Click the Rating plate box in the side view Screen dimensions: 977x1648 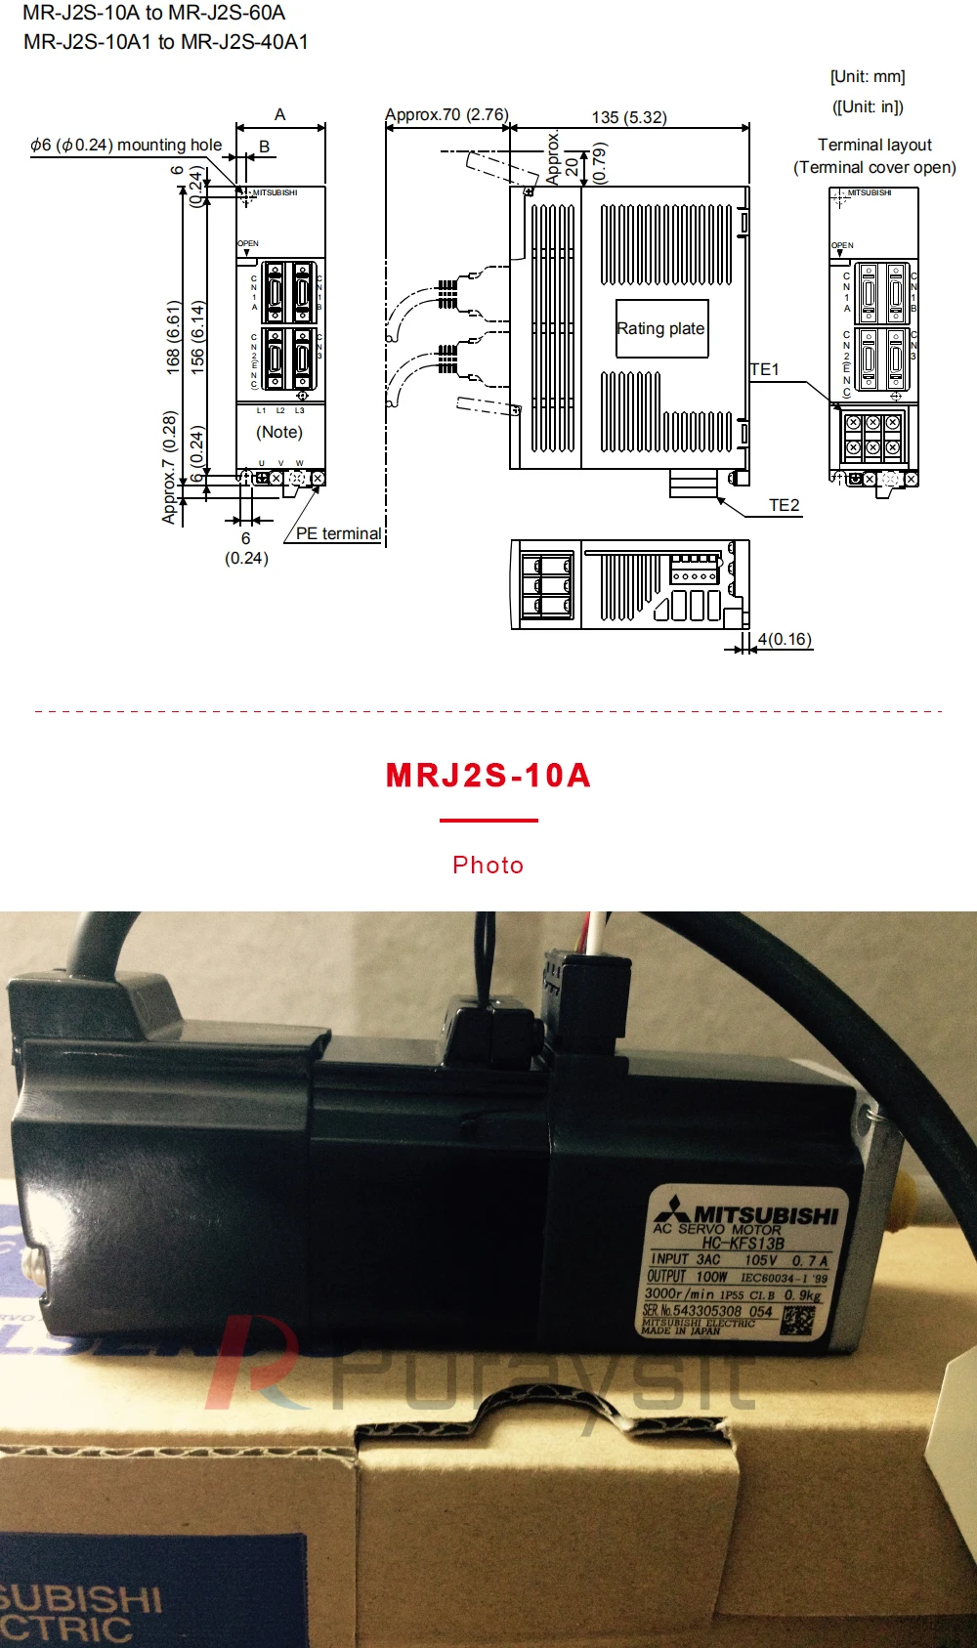tap(661, 329)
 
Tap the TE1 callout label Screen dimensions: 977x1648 tap(765, 369)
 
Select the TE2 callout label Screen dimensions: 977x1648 tap(784, 505)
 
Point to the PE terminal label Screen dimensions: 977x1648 tap(338, 533)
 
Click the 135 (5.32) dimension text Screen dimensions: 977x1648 tap(629, 117)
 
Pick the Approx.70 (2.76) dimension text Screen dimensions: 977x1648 tap(446, 114)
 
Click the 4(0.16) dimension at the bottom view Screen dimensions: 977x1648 tap(785, 639)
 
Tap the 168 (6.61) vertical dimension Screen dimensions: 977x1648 tap(173, 337)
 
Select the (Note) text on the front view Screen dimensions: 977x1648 tap(279, 432)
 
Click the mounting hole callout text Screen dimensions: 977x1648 tap(126, 145)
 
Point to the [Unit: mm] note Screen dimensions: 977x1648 tap(868, 76)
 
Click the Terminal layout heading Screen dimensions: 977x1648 tap(874, 145)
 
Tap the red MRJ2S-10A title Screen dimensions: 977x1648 tap(488, 776)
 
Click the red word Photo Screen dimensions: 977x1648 tap(488, 865)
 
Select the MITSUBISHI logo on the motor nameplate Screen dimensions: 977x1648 tap(747, 1213)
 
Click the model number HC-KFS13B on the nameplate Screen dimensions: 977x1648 tap(743, 1244)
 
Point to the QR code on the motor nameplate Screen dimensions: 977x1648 tap(798, 1321)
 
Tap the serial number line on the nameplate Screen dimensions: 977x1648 tap(707, 1310)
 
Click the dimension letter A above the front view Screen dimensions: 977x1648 tap(280, 114)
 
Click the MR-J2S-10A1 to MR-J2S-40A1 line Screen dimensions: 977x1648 tap(166, 42)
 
